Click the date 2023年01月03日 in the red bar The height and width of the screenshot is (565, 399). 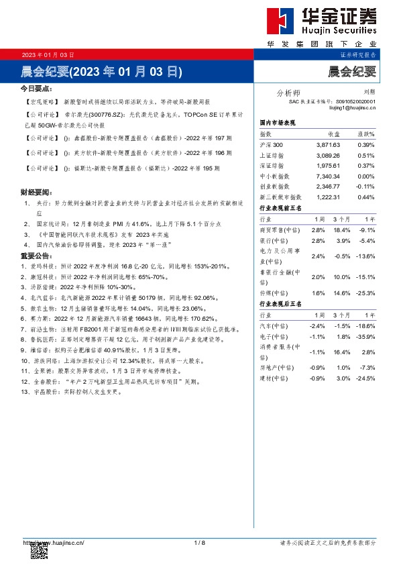[x=48, y=54]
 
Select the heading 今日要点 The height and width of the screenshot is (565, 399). [x=36, y=88]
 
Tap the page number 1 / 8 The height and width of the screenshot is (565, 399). [x=199, y=542]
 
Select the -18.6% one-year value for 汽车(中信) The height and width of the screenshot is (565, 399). [x=365, y=325]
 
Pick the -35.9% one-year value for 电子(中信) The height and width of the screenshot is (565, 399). [x=365, y=336]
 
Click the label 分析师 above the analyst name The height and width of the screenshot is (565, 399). [x=288, y=93]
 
